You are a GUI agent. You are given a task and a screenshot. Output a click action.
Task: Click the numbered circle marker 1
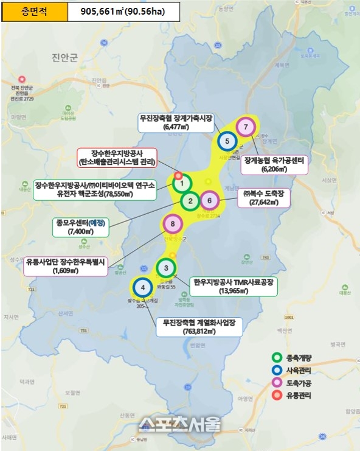[182, 183]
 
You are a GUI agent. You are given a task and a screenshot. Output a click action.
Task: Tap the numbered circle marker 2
[190, 201]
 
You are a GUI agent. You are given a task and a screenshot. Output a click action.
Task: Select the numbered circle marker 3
[166, 268]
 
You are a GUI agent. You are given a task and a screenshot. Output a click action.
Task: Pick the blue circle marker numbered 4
[142, 287]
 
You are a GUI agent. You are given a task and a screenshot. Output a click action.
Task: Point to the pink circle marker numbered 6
[209, 200]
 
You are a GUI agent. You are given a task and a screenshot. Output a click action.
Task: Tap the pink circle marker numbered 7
[246, 127]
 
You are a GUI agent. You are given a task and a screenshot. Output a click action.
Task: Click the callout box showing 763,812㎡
[199, 327]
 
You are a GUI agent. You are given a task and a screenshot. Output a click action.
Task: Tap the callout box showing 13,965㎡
[233, 287]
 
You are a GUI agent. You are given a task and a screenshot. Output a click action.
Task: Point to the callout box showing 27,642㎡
[267, 198]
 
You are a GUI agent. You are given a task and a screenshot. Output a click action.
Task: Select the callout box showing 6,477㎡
[175, 124]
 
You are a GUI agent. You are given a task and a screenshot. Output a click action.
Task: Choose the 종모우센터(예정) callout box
[79, 227]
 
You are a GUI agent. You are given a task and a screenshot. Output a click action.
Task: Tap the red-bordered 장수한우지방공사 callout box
[117, 158]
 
